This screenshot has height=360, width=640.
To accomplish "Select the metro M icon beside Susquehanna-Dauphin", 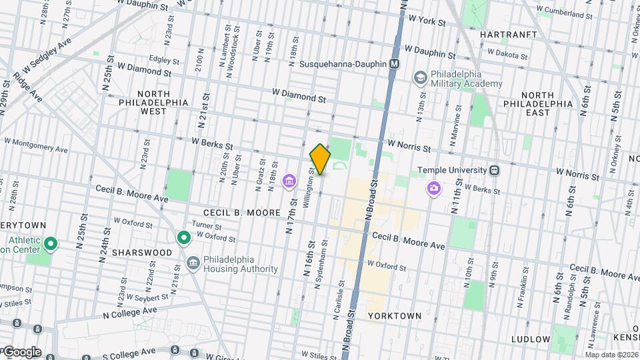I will tap(395, 63).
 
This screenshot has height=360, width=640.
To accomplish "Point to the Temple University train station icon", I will tap(495, 170).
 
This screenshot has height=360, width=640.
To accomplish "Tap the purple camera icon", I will tap(433, 189).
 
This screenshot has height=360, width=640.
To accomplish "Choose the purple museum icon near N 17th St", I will tap(289, 181).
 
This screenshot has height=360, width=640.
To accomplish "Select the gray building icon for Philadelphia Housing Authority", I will tap(193, 263).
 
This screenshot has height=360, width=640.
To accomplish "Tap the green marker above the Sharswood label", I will tap(184, 237).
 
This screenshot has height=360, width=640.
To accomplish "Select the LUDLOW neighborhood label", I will tap(531, 339).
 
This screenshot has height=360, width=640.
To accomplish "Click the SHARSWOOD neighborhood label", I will tap(142, 253).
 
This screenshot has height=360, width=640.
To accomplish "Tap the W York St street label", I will tap(427, 21).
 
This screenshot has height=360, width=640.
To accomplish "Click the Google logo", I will tap(21, 352).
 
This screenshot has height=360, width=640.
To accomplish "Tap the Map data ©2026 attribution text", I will tap(611, 355).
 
